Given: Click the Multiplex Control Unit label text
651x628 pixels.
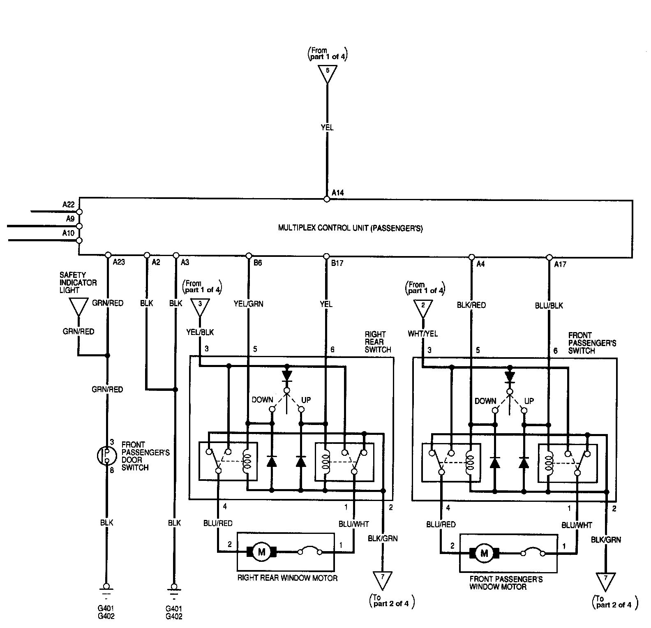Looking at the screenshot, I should pyautogui.click(x=351, y=228).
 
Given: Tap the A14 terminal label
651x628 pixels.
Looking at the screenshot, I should pyautogui.click(x=338, y=192).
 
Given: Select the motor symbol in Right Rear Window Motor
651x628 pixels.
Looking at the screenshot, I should pyautogui.click(x=261, y=552).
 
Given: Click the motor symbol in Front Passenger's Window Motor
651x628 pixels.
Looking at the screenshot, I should pyautogui.click(x=484, y=554).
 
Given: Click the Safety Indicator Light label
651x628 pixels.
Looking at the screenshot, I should pyautogui.click(x=78, y=282).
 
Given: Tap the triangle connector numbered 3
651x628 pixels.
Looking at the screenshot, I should pyautogui.click(x=200, y=307).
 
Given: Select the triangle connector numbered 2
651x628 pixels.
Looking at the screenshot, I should pyautogui.click(x=423, y=308).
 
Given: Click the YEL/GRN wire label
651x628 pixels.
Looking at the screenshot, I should pyautogui.click(x=249, y=304).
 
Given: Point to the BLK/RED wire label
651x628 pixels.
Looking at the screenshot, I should pyautogui.click(x=471, y=305).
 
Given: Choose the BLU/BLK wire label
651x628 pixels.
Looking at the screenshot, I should pyautogui.click(x=549, y=305).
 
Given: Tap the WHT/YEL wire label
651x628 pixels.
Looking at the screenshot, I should pyautogui.click(x=423, y=334).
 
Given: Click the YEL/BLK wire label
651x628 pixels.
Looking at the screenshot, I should pyautogui.click(x=200, y=332).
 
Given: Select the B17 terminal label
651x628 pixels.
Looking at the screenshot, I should pyautogui.click(x=337, y=263).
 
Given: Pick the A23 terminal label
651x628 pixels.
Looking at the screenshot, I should pyautogui.click(x=119, y=262).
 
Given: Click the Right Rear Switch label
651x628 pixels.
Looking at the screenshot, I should pyautogui.click(x=378, y=342).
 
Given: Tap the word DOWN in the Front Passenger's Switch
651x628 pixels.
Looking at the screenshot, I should pyautogui.click(x=485, y=401).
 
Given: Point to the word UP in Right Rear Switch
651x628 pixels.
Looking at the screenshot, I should pyautogui.click(x=306, y=399).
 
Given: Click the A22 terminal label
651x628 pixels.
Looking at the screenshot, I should pyautogui.click(x=68, y=204).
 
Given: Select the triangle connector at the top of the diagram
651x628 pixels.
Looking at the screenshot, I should pyautogui.click(x=327, y=73).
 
